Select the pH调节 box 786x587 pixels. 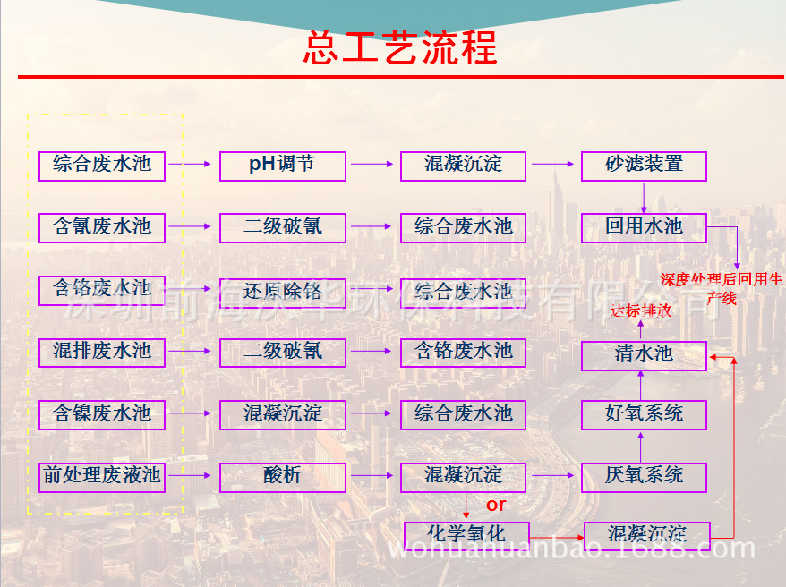282,166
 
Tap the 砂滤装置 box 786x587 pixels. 644,166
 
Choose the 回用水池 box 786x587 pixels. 644,227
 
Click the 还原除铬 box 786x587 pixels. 282,292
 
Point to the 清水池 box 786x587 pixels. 644,354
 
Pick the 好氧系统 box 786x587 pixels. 644,414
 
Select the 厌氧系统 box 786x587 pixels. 644,476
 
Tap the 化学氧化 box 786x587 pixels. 466,534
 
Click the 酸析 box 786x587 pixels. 282,476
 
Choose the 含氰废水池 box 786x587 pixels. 102,227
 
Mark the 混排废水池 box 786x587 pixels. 102,352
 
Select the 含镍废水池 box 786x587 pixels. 102,414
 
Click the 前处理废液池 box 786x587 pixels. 102,476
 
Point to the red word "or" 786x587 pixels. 496,506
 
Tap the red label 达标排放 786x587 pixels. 640,311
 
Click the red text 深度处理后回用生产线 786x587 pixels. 722,288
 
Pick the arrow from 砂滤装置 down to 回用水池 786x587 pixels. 644,197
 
